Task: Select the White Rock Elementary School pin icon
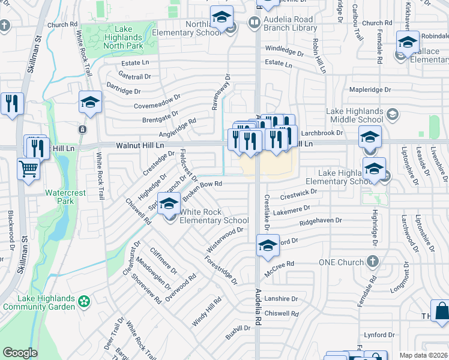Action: tap(169, 203)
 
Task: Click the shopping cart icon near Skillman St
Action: tap(28, 169)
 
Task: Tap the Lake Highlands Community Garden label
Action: tap(39, 302)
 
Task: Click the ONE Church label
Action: tap(341, 262)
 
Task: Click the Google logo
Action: tap(20, 353)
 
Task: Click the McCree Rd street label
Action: tap(282, 263)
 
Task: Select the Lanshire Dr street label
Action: tap(282, 298)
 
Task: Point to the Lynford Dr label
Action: tap(379, 335)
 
